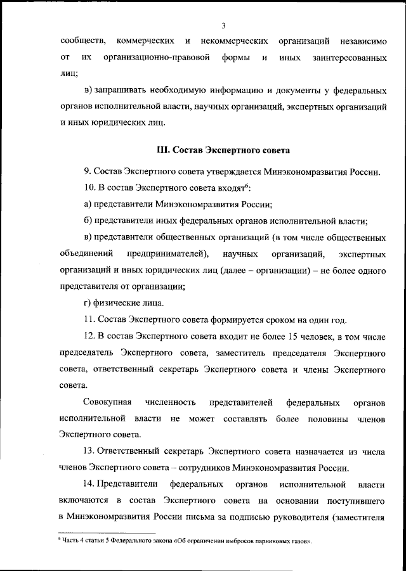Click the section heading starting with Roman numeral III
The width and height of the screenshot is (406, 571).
point(222,151)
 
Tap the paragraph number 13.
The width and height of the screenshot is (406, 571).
point(89,451)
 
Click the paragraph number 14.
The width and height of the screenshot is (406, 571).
point(89,485)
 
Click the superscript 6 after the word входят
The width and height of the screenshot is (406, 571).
point(246,186)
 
